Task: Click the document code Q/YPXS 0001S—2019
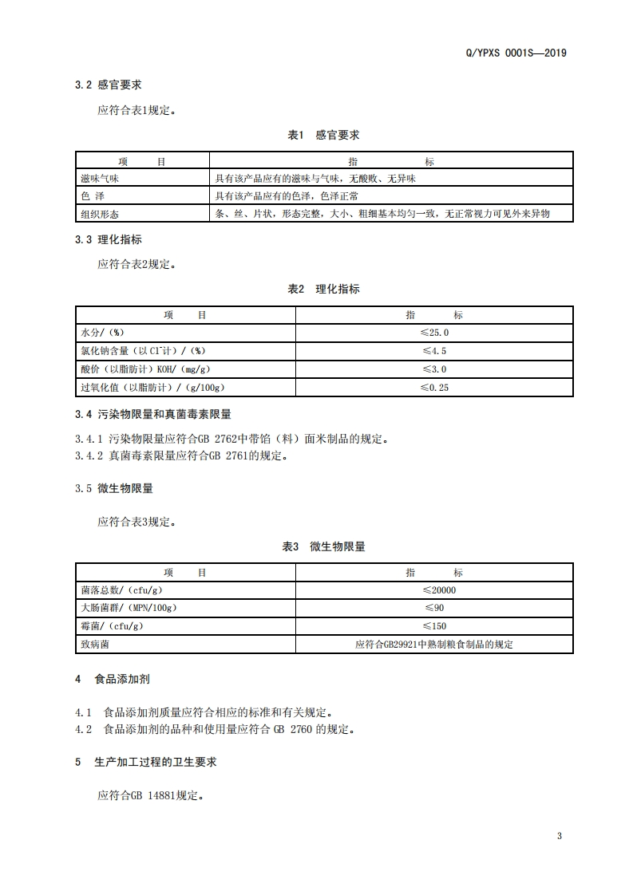point(515,53)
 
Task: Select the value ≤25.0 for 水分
point(434,333)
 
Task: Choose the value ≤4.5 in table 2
point(434,351)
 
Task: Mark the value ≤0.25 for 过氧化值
point(434,388)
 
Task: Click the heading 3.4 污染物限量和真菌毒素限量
point(152,414)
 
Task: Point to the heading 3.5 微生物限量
point(113,488)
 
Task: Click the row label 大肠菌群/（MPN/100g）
point(129,609)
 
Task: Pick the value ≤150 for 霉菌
point(434,627)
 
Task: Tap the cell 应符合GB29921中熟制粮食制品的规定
point(434,645)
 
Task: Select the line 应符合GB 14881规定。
point(150,795)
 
